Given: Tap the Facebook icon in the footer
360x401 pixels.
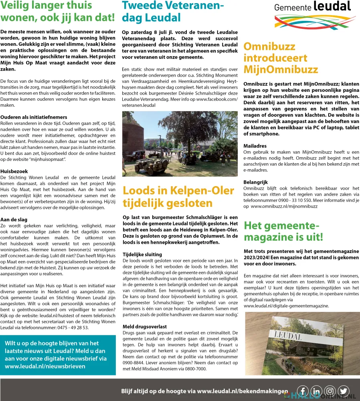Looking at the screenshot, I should [303, 391].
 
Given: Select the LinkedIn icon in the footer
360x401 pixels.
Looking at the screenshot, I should [316, 391].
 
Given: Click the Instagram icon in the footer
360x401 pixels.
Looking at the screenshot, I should [330, 391].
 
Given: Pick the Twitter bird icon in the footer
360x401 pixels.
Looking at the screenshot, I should [344, 391].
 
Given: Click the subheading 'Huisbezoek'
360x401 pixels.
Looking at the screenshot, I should [14, 171].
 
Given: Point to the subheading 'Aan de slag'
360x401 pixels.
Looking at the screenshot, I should [14, 219].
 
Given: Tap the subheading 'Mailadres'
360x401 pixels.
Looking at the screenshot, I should [255, 146].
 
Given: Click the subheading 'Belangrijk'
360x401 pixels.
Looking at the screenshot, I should [255, 182].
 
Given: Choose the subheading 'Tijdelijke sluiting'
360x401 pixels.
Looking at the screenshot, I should [142, 254].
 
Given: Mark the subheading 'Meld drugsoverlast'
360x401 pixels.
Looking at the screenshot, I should [145, 326].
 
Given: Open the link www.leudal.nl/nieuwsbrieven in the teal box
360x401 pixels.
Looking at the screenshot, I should [45, 366].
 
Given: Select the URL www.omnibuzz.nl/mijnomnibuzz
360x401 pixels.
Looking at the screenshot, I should [284, 206].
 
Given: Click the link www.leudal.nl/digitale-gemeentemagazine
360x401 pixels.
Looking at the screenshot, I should [286, 306].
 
